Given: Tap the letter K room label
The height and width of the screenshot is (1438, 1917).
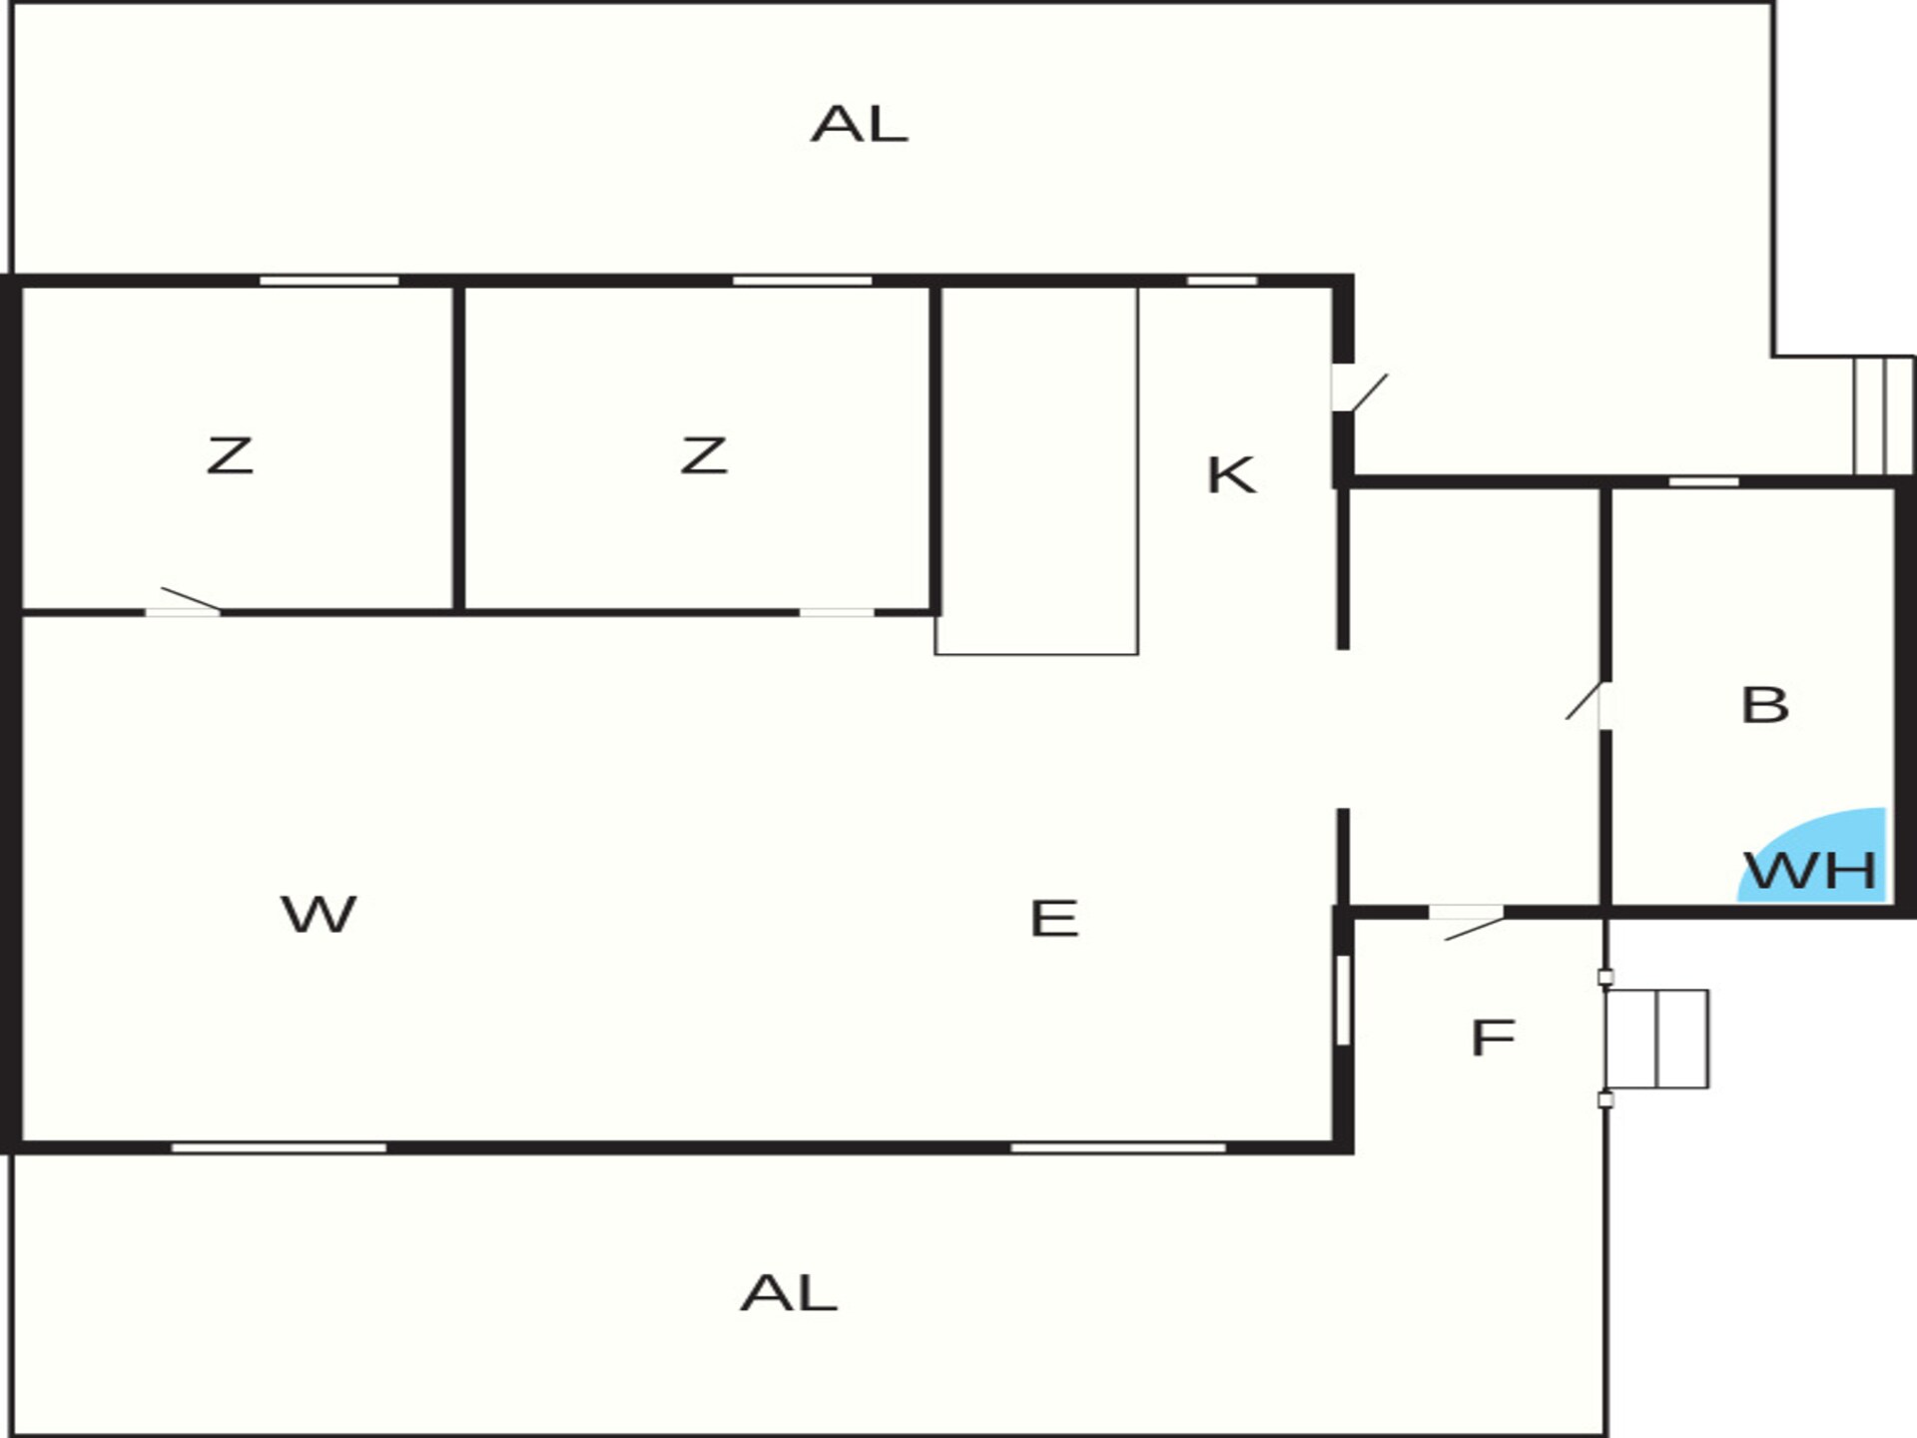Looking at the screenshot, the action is pos(1231,475).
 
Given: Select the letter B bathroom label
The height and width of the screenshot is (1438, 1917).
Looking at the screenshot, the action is pos(1764,705).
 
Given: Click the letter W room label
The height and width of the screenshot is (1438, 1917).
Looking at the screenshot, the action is pos(319,914).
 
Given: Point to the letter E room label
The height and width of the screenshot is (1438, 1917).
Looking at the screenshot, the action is pos(1054,919).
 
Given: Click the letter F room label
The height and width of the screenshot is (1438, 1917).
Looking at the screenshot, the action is pos(1493,1038).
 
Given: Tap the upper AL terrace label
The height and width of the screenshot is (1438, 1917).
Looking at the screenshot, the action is pos(859,125).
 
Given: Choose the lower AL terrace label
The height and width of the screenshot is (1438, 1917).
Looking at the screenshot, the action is pos(789,1293).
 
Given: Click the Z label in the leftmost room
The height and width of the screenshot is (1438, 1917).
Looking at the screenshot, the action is pos(230,455).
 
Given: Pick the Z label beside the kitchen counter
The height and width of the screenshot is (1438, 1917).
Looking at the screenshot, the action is pos(703,455).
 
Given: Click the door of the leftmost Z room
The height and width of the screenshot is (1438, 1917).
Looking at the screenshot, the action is pos(185,602).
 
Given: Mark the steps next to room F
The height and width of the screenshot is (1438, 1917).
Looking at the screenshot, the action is pos(1657,1039).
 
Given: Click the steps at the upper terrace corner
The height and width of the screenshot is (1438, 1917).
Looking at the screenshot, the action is pos(1884,415).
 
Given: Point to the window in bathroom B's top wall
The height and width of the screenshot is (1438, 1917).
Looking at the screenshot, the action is pos(1703,482).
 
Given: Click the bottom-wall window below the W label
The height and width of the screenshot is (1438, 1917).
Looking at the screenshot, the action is pos(279,1148).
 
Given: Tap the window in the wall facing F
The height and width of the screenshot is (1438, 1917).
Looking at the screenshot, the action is pos(1343,1001).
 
